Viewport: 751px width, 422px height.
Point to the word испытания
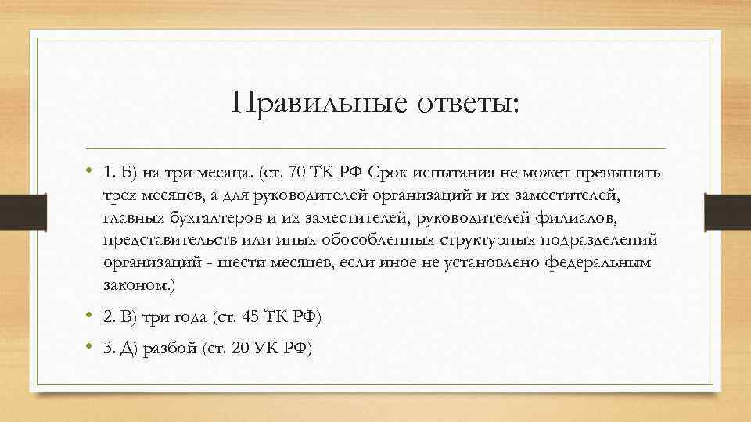(x=450, y=172)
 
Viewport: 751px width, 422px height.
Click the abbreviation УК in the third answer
(x=265, y=349)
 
